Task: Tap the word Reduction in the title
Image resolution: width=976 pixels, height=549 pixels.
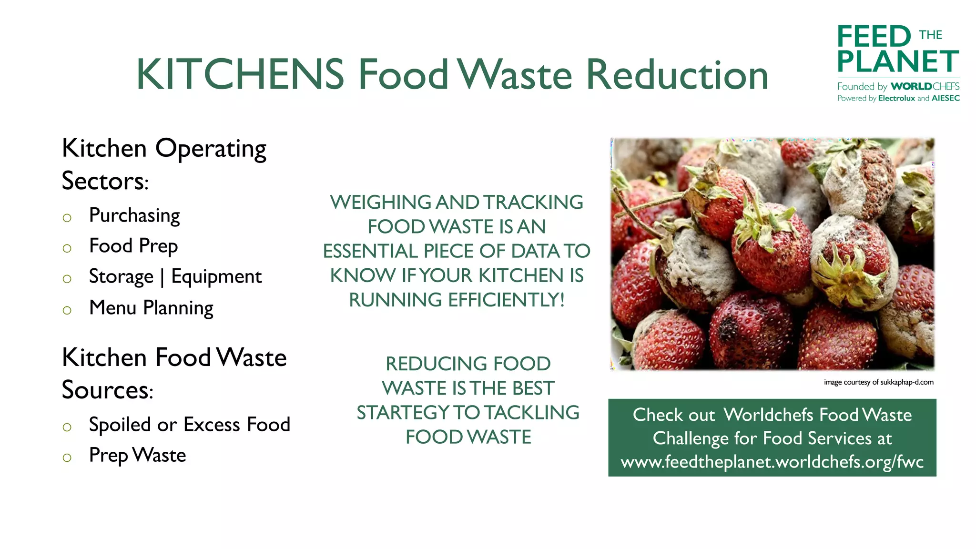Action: tap(677, 75)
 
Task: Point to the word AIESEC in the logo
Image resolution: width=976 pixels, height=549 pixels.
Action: tap(945, 99)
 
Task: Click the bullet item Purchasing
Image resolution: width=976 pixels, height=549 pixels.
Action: tap(134, 216)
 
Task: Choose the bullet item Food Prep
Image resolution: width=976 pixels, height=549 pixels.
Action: tap(133, 246)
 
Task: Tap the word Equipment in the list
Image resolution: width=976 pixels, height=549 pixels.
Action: tap(216, 277)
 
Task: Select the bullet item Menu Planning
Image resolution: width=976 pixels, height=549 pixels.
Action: tap(151, 308)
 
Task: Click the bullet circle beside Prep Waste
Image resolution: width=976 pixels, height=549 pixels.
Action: tap(67, 458)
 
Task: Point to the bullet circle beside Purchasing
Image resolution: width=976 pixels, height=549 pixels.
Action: tap(67, 218)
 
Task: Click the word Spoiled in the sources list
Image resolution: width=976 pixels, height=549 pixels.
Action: tap(120, 425)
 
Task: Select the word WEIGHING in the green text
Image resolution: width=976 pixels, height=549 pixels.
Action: tap(380, 203)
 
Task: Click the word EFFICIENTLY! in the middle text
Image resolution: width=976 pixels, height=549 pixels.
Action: tap(506, 300)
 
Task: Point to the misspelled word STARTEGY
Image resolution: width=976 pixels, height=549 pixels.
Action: tap(403, 413)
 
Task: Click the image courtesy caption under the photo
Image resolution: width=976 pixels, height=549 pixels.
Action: tap(878, 382)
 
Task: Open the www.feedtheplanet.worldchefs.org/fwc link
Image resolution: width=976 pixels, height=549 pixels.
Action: tap(772, 462)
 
